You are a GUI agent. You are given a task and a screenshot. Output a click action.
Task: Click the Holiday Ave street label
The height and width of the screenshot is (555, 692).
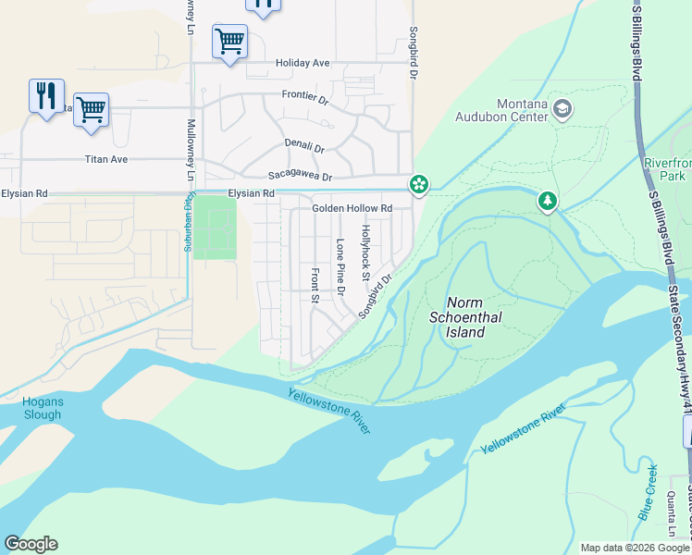(x=303, y=63)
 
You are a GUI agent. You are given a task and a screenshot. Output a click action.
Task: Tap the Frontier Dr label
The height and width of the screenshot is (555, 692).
(x=305, y=96)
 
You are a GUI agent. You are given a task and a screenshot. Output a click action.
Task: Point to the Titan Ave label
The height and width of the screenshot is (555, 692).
(x=105, y=159)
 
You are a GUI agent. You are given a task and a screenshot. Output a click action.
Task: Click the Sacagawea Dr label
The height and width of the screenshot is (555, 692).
(x=299, y=176)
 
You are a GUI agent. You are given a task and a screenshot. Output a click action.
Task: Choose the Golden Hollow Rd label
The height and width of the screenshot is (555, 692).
(x=352, y=208)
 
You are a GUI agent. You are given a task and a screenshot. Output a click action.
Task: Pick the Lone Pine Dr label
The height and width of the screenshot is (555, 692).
(x=340, y=267)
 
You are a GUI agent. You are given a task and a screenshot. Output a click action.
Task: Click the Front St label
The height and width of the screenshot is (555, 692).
(x=315, y=286)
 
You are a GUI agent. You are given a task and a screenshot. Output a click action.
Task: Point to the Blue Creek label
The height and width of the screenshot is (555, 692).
(x=648, y=503)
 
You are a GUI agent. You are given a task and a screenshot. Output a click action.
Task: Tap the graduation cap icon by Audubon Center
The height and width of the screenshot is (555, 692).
(x=562, y=109)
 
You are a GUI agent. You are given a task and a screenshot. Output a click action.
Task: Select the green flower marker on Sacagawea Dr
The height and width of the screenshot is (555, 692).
(x=419, y=184)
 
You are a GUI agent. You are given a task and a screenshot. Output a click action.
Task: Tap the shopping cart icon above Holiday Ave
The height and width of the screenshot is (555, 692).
(x=229, y=41)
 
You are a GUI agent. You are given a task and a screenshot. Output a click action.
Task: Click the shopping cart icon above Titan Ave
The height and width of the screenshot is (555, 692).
(x=91, y=108)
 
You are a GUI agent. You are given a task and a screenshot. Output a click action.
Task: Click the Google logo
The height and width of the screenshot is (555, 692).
(x=31, y=544)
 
